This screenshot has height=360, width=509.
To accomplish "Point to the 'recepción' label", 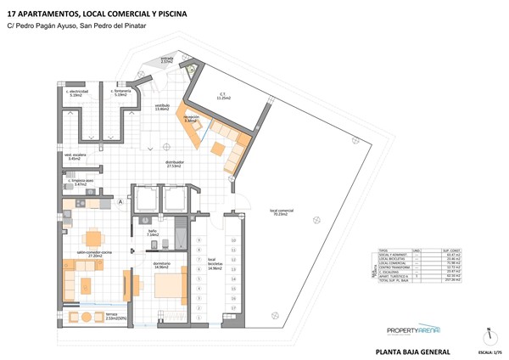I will (x=193, y=119).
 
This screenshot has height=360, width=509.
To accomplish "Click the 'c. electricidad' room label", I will (x=76, y=93).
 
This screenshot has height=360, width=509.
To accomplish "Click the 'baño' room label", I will (x=153, y=233).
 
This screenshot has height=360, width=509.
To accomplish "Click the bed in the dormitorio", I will (x=169, y=286).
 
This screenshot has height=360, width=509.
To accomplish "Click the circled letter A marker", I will (x=120, y=202).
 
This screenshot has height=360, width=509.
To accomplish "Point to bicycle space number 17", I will (x=232, y=319).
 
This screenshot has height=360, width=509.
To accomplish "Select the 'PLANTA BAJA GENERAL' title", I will (x=412, y=351).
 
